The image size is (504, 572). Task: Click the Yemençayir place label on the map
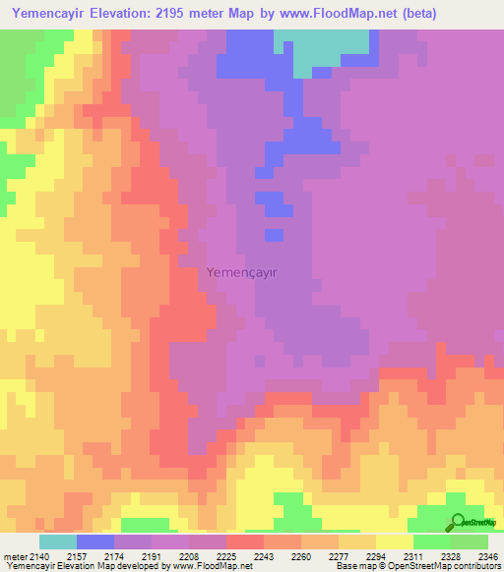tap(249, 274)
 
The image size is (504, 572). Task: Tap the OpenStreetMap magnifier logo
tap(457, 523)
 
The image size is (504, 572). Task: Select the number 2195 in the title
tap(193, 13)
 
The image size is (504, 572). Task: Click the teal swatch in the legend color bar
tap(57, 542)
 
